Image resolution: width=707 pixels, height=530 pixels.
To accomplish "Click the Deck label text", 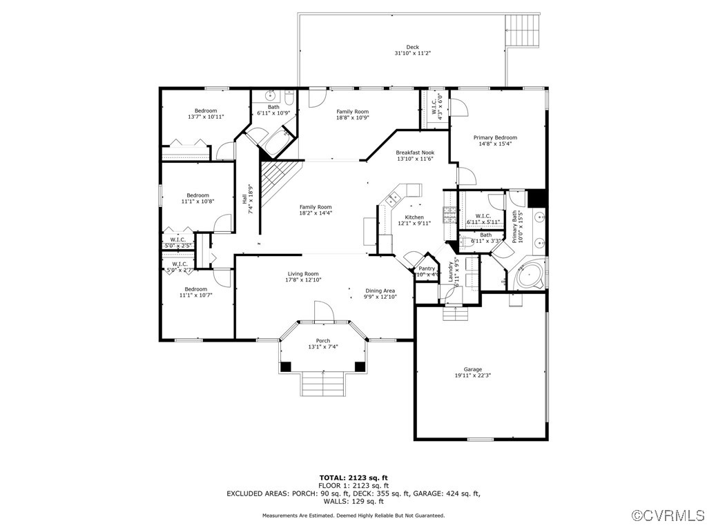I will pyautogui.click(x=412, y=47).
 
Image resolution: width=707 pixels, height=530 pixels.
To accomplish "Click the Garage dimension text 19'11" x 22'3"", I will pyautogui.click(x=473, y=376).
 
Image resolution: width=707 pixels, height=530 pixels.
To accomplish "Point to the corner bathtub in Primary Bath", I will pyautogui.click(x=528, y=275).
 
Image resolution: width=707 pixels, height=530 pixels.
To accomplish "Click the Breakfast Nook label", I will pyautogui.click(x=415, y=153).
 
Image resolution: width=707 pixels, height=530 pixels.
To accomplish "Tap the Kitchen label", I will pyautogui.click(x=415, y=217).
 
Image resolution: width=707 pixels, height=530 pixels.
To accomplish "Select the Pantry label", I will pyautogui.click(x=427, y=268).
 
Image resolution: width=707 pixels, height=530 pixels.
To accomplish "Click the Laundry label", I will pyautogui.click(x=452, y=271).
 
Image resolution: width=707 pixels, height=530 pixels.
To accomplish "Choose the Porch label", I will pyautogui.click(x=323, y=341).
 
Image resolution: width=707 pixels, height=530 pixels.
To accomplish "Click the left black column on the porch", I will pyautogui.click(x=286, y=366).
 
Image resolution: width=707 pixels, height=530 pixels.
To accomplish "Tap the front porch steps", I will pyautogui.click(x=322, y=383).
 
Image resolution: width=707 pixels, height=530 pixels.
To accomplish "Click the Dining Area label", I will pyautogui.click(x=380, y=291).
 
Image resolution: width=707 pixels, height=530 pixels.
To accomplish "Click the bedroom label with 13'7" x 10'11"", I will pyautogui.click(x=206, y=110).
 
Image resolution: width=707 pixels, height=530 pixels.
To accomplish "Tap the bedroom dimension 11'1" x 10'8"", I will pyautogui.click(x=198, y=202).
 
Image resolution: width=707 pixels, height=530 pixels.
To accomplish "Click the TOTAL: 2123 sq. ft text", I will pyautogui.click(x=353, y=478).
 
